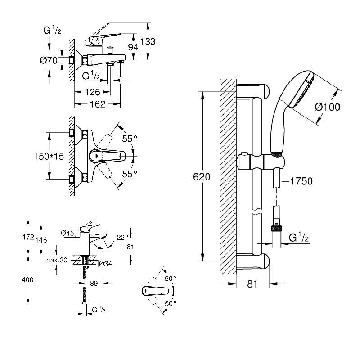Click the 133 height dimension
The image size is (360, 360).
click(x=148, y=41)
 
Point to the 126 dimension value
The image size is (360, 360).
click(x=92, y=93)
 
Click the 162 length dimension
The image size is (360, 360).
click(x=97, y=104)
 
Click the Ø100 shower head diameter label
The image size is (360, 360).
click(x=327, y=107)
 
